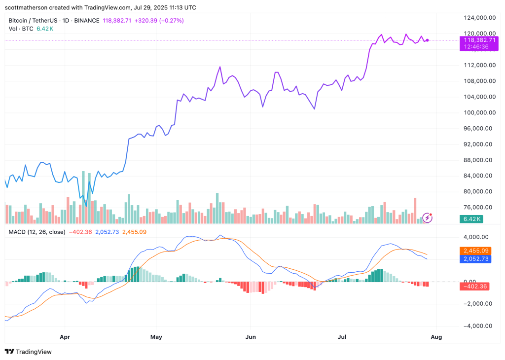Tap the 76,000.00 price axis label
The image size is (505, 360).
(476, 207)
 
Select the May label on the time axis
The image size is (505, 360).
(156, 337)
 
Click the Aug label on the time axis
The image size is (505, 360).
(436, 337)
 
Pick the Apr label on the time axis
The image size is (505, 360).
(65, 337)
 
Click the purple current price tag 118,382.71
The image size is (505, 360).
(474, 40)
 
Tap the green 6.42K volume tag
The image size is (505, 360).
(471, 219)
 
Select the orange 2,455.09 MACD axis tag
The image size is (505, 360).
(474, 251)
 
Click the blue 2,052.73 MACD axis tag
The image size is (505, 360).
(474, 258)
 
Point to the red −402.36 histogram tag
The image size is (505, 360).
(474, 287)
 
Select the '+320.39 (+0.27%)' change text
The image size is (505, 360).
(156, 21)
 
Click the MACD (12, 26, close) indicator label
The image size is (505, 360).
(37, 231)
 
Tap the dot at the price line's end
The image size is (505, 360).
(427, 40)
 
